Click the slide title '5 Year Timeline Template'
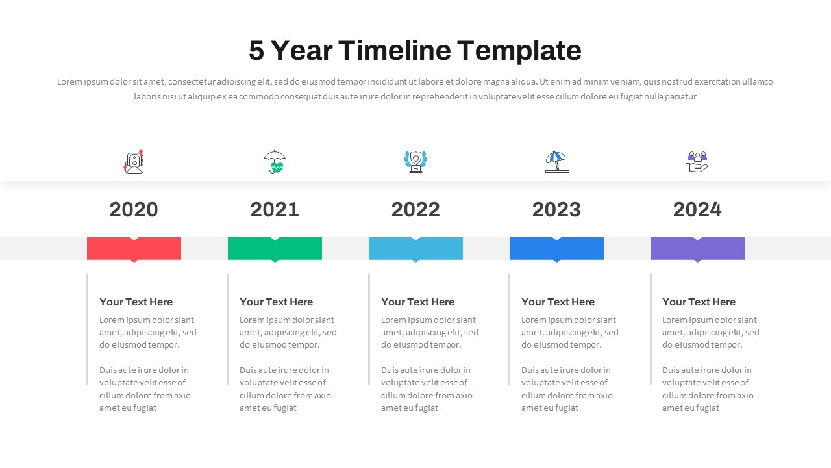click(x=415, y=51)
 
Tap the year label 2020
click(x=134, y=210)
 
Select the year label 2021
click(x=275, y=210)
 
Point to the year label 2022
click(x=415, y=210)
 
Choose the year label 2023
click(x=556, y=210)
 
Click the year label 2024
click(x=697, y=210)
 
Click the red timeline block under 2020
click(x=134, y=249)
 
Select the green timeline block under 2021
click(x=275, y=249)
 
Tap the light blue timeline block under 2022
click(x=415, y=249)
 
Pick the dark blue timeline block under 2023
click(x=556, y=249)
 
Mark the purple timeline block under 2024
click(x=697, y=249)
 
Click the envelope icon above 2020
click(x=134, y=162)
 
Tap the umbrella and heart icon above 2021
click(x=275, y=162)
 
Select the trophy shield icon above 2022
click(x=415, y=162)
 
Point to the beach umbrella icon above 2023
click(x=556, y=162)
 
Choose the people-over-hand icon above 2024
click(x=697, y=162)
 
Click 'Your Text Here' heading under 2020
click(x=136, y=302)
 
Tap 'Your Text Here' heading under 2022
click(x=417, y=302)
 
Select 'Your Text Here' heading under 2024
click(x=699, y=302)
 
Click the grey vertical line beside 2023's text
click(x=510, y=329)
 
